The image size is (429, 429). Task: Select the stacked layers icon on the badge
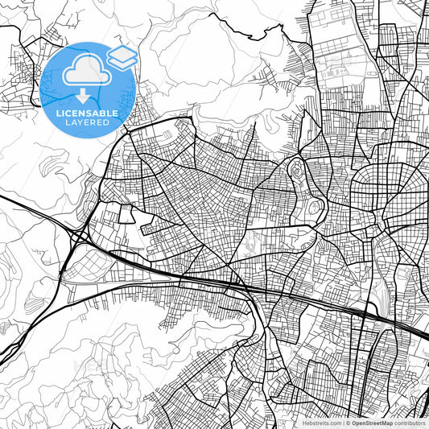click(122, 56)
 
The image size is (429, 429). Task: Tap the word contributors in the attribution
click(410, 422)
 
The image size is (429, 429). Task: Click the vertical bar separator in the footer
click(344, 422)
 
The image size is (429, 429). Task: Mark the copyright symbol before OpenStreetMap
click(349, 422)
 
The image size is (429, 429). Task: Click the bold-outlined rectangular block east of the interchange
click(126, 213)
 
